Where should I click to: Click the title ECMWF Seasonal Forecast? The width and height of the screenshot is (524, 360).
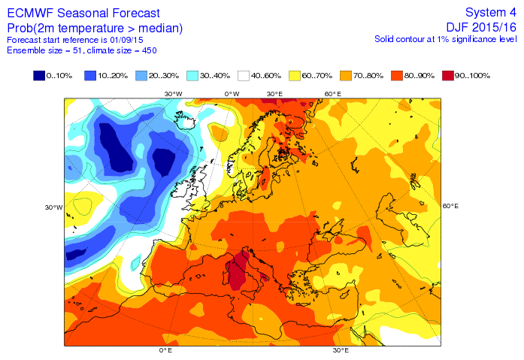[83, 13]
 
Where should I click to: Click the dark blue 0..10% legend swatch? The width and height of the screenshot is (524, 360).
[38, 75]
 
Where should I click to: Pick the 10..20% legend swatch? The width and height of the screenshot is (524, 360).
[90, 75]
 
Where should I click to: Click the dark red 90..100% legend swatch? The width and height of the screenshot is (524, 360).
[449, 75]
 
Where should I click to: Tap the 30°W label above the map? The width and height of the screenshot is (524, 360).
[174, 93]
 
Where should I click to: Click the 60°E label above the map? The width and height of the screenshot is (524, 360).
[334, 93]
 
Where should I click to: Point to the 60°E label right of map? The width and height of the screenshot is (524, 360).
[451, 206]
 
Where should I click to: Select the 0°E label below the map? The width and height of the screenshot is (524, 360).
[165, 350]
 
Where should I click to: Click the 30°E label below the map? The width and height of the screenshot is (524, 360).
[341, 350]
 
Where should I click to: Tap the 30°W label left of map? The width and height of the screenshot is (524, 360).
[53, 207]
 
